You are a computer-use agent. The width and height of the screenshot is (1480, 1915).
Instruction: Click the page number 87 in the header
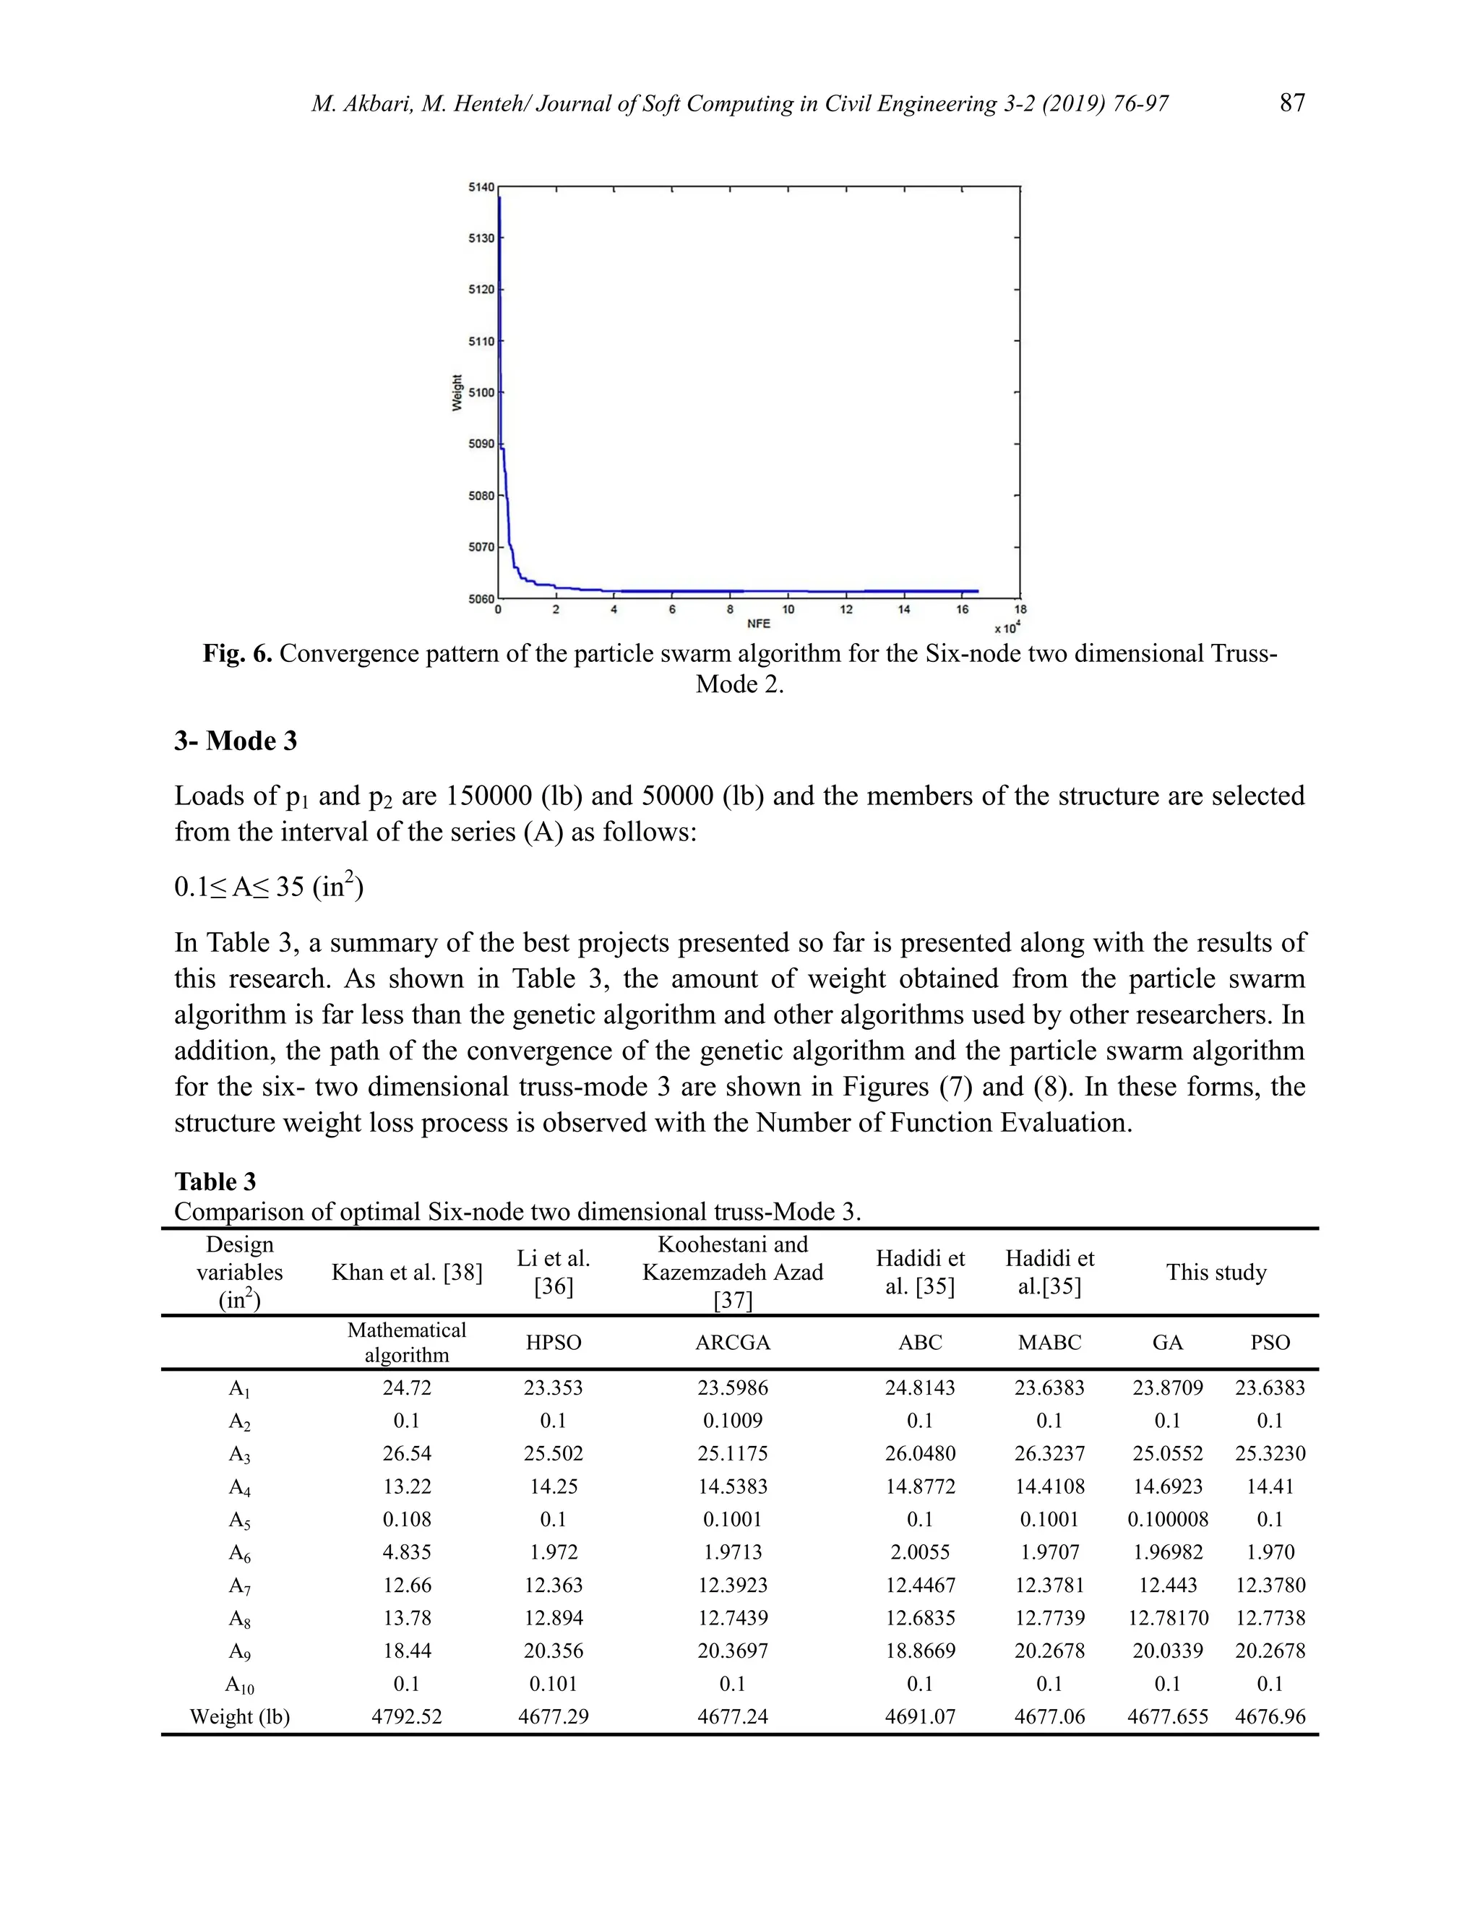point(1291,103)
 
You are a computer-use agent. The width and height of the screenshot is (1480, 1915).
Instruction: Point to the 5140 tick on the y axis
point(481,186)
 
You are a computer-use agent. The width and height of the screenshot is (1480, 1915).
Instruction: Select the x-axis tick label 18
point(1020,609)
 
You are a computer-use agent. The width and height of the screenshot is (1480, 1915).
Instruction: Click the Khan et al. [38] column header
point(407,1273)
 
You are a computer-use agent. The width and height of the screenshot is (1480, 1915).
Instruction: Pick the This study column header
point(1216,1273)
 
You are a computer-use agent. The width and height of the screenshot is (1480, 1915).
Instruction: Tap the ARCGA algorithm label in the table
point(732,1343)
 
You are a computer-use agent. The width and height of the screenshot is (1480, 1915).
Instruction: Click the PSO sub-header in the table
point(1270,1343)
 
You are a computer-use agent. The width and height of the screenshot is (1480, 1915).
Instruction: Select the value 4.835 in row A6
point(407,1552)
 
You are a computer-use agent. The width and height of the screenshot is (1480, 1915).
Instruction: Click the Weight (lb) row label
point(239,1716)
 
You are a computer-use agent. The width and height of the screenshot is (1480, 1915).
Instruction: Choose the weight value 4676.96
point(1270,1716)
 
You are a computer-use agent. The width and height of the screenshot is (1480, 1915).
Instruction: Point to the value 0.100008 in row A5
point(1167,1519)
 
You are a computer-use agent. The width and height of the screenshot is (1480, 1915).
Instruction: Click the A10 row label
point(239,1684)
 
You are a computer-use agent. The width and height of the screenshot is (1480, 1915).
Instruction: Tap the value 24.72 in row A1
point(407,1387)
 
